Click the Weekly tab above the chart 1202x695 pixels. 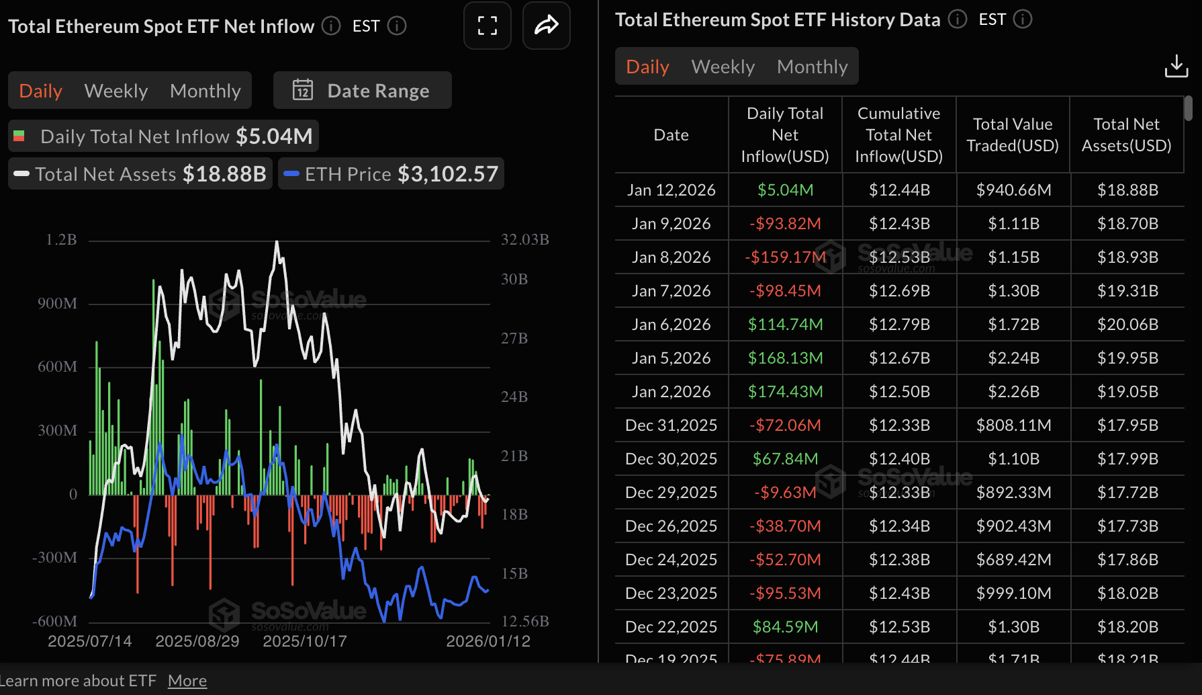[115, 91]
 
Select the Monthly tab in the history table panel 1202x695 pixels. [812, 67]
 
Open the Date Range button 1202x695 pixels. [363, 91]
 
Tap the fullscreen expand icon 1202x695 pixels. [488, 26]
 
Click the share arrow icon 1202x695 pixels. [546, 26]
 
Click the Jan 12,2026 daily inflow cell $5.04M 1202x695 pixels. [785, 190]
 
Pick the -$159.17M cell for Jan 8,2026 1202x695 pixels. [785, 257]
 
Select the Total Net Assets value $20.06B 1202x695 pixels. [1127, 325]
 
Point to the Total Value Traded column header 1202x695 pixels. [1013, 134]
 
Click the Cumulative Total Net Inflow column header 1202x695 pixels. [898, 134]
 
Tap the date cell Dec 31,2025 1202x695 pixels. [671, 425]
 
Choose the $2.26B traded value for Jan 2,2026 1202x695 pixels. [1013, 392]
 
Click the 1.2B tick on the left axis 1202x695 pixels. [61, 240]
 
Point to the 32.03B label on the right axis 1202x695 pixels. [524, 240]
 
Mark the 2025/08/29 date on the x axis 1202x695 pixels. [197, 641]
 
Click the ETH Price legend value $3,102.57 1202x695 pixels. [448, 174]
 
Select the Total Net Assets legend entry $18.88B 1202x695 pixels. [224, 174]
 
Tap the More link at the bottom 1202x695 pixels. [187, 681]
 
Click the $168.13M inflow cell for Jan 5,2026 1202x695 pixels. [785, 358]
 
